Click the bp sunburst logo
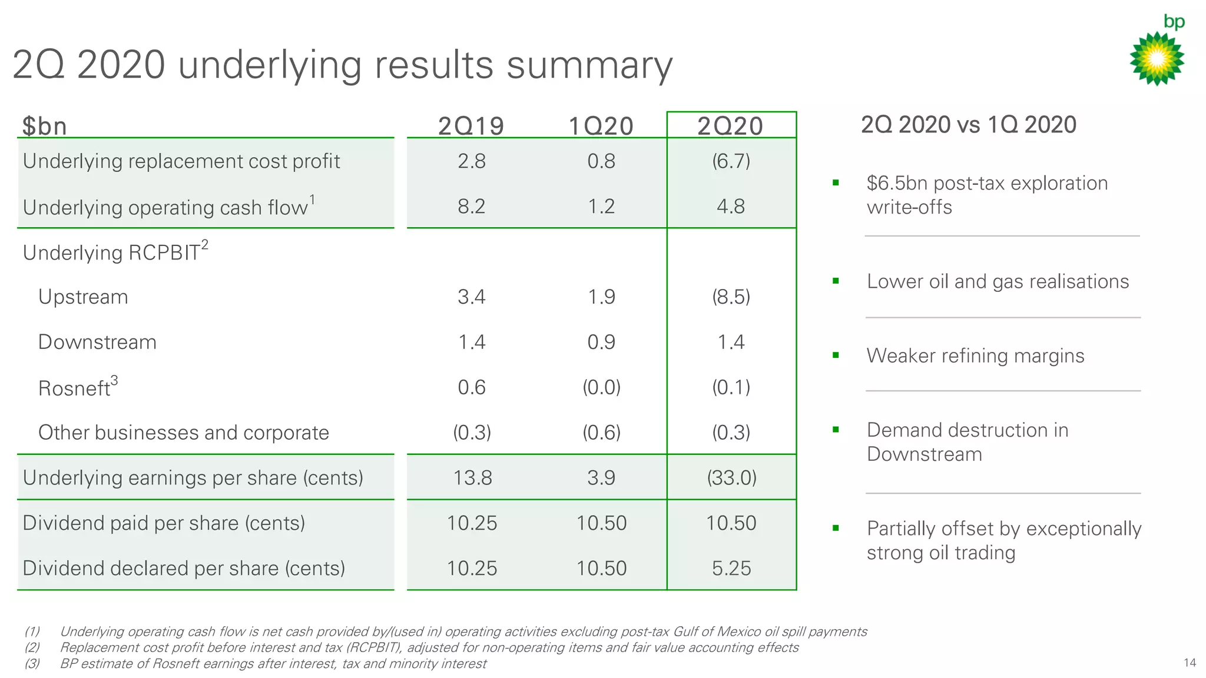tap(1157, 58)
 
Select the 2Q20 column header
tap(730, 126)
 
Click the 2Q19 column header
tap(471, 126)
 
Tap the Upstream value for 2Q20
tap(731, 297)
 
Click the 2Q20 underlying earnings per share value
tap(731, 477)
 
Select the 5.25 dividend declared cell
tap(731, 568)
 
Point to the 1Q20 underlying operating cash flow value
tap(601, 207)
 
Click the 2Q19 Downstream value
tap(472, 342)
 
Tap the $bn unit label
tap(44, 126)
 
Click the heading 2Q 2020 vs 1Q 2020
tap(968, 125)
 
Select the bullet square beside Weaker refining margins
tap(835, 355)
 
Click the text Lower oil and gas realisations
tap(998, 281)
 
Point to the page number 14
tap(1190, 663)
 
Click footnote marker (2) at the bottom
tap(32, 647)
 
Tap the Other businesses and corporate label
tap(183, 433)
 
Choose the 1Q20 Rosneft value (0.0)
tap(601, 387)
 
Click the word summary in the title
tap(589, 65)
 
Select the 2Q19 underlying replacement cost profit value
tap(472, 161)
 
